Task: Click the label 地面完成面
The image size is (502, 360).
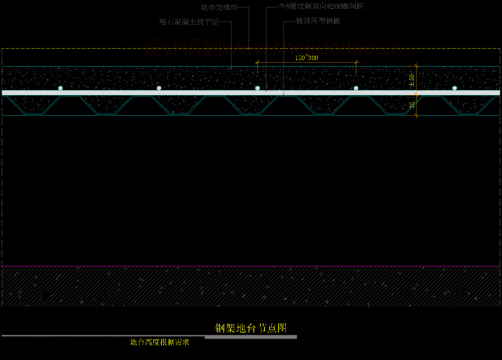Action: tap(219, 7)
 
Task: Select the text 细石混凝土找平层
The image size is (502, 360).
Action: tap(189, 22)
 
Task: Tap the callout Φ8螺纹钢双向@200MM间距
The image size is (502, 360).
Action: tap(321, 7)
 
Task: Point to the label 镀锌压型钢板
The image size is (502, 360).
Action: tap(318, 21)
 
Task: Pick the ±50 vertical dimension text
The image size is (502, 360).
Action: tap(411, 80)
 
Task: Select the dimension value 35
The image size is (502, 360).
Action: tap(412, 105)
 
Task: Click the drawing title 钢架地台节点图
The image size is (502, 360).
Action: tap(251, 328)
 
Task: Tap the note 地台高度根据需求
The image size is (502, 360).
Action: tap(159, 342)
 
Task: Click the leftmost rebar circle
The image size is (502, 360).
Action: tap(60, 88)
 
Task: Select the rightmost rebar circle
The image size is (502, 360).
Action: tap(455, 88)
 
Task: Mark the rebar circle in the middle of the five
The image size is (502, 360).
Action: tap(258, 88)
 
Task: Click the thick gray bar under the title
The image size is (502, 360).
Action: tap(251, 336)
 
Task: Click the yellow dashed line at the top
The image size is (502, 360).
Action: tap(93, 48)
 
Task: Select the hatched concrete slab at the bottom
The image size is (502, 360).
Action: tap(251, 286)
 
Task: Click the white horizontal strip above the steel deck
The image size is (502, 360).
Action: tap(139, 93)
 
